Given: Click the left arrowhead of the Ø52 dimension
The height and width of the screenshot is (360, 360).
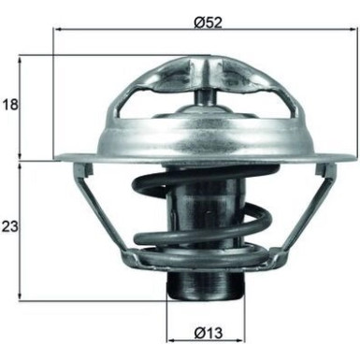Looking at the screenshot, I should click(59, 29).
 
